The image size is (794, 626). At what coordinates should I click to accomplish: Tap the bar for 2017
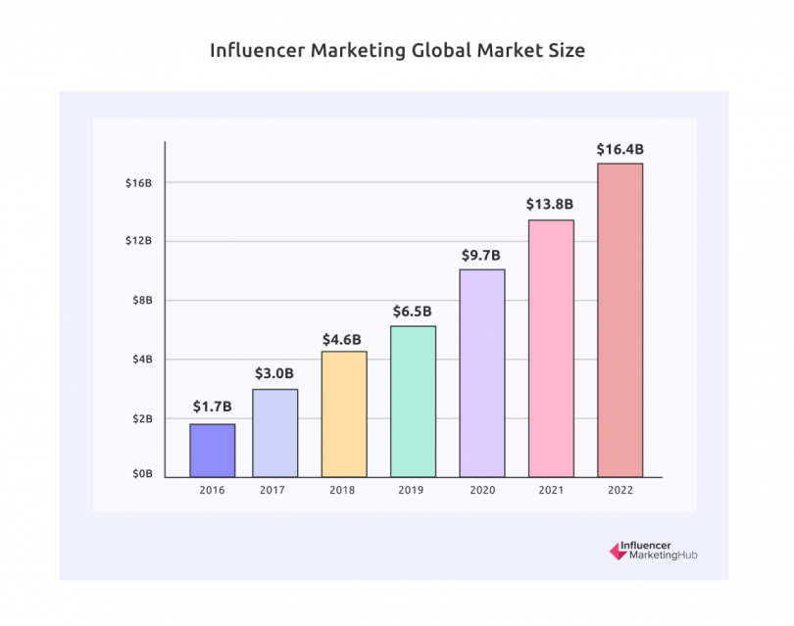tap(274, 432)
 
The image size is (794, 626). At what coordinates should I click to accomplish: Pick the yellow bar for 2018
tap(344, 413)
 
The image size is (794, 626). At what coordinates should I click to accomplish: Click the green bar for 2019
tap(413, 401)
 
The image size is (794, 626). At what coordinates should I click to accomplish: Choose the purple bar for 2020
tap(482, 372)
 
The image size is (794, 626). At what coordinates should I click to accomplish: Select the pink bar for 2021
tap(551, 348)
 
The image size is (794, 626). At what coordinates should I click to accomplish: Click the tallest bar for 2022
tap(620, 319)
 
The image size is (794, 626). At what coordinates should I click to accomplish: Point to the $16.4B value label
tap(620, 150)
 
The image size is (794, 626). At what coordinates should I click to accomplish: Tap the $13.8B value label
tap(550, 205)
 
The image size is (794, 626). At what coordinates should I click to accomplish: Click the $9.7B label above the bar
tap(481, 255)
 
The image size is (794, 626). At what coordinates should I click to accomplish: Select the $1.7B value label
tap(212, 407)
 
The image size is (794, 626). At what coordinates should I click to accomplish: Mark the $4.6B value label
tap(344, 339)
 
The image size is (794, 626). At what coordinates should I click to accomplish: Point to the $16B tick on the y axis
tap(138, 183)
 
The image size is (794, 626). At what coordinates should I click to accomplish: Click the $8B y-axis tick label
tap(141, 301)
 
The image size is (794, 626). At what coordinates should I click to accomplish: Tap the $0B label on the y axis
tap(141, 474)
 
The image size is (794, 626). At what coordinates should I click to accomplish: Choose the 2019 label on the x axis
tap(413, 489)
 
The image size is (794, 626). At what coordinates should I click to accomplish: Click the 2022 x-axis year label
tap(620, 489)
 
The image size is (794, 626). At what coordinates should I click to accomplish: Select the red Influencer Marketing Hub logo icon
tap(618, 552)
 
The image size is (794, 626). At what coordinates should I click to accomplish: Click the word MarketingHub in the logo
tap(662, 555)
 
